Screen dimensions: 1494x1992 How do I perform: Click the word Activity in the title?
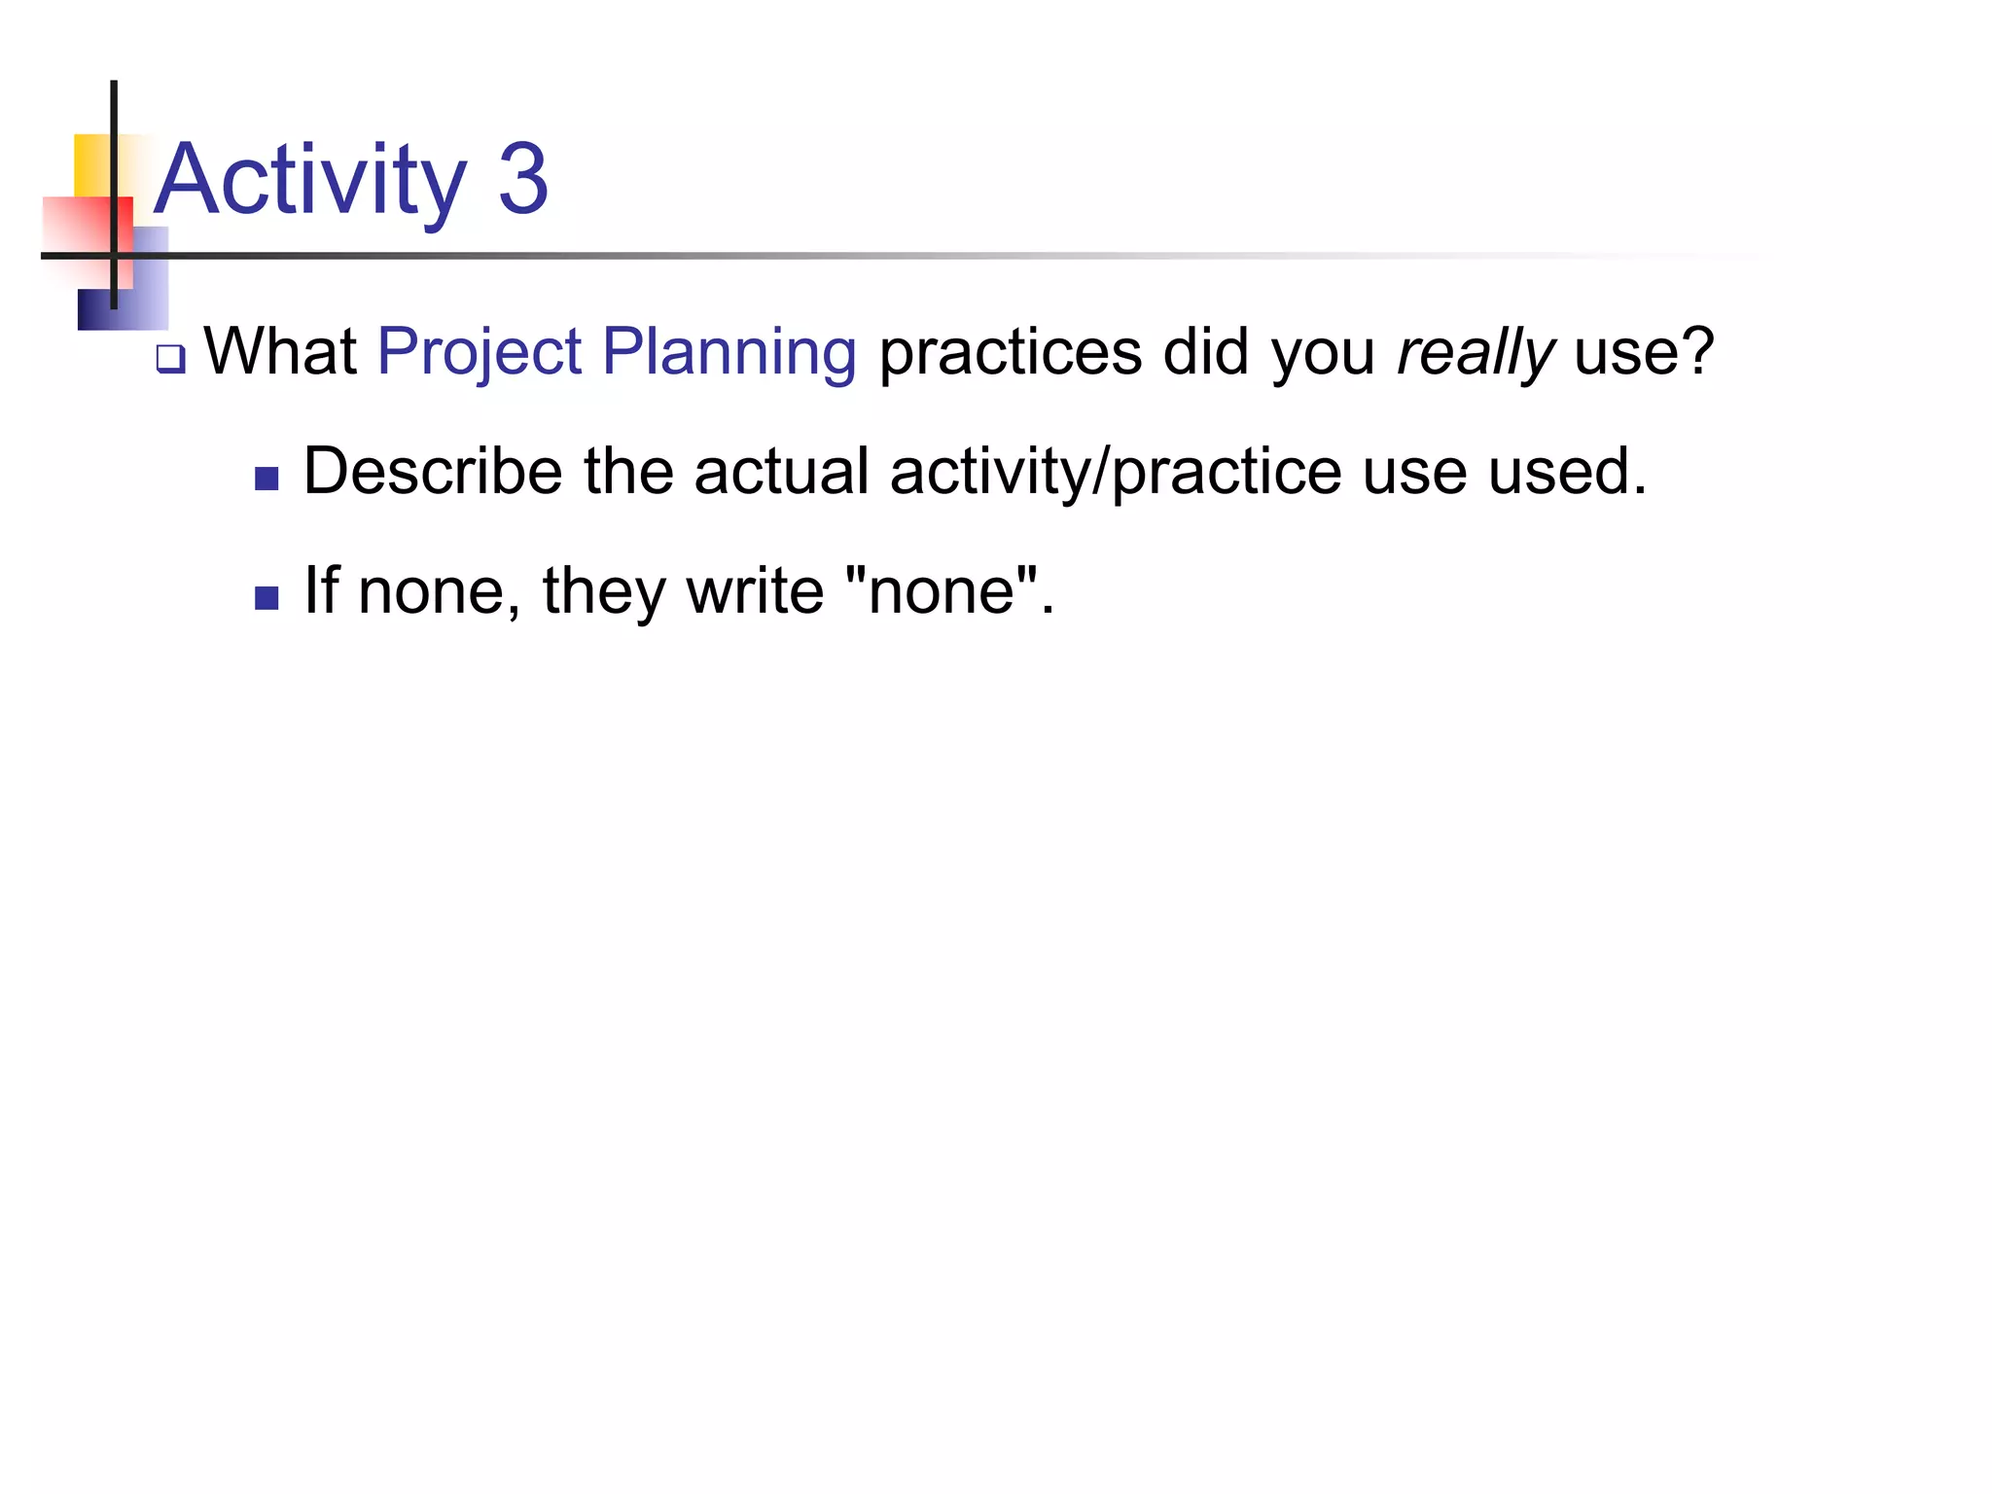click(x=310, y=181)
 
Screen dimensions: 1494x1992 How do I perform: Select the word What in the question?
click(x=281, y=351)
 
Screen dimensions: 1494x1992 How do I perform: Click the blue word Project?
click(x=480, y=353)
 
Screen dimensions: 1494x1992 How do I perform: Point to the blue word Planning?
click(x=729, y=353)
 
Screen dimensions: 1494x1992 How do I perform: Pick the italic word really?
click(x=1476, y=353)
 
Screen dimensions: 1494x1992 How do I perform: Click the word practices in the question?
click(x=1011, y=353)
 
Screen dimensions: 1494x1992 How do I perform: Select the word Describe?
click(x=433, y=472)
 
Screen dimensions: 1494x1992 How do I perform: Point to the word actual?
click(x=781, y=472)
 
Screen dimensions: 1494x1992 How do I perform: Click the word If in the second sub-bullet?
click(x=322, y=590)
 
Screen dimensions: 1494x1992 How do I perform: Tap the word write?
click(x=755, y=590)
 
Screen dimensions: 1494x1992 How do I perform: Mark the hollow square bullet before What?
click(x=170, y=360)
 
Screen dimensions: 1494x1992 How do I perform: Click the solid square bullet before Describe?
click(x=267, y=479)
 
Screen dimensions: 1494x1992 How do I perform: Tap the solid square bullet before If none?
click(x=267, y=597)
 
